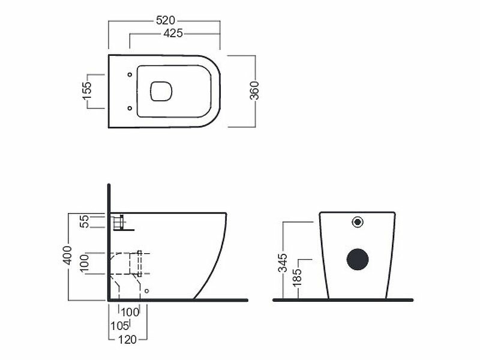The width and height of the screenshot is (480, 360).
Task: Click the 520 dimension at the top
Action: pos(164,20)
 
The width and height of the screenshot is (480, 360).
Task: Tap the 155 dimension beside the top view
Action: pos(87,91)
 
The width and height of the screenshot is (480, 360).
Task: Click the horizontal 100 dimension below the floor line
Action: pos(130,312)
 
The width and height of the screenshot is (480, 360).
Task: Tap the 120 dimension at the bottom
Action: pos(127,340)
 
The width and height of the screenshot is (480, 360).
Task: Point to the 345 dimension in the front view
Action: pos(283,262)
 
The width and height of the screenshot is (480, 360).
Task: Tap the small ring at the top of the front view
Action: pos(358,221)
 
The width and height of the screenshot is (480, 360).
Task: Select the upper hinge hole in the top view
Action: pos(130,74)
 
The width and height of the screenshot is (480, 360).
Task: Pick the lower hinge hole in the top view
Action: pos(130,108)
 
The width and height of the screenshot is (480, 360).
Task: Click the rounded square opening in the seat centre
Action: pos(160,91)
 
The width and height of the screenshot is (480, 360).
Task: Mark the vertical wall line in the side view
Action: pos(108,240)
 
